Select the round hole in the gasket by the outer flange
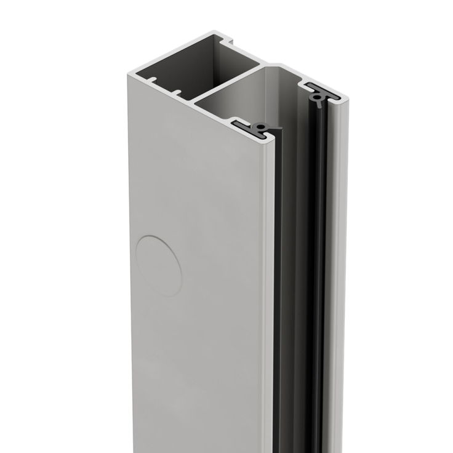[x=316, y=97]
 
